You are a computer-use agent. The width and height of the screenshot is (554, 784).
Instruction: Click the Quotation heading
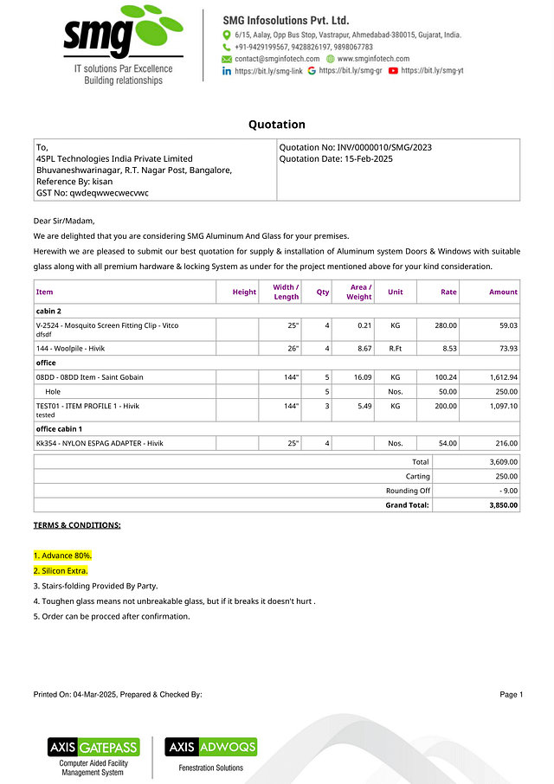coord(277,125)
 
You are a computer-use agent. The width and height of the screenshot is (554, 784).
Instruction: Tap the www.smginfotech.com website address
coord(373,58)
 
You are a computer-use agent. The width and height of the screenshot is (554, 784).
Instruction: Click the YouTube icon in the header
coord(393,70)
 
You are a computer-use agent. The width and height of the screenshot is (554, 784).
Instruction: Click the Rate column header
coord(448,292)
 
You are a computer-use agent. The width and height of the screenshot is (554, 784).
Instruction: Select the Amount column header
coord(503,292)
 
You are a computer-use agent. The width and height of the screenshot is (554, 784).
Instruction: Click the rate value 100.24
coord(447,377)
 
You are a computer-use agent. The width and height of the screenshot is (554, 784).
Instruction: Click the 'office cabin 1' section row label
coord(59,429)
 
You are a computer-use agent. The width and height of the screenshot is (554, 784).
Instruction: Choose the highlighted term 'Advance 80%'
coord(62,556)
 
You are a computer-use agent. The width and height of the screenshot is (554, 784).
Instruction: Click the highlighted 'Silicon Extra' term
coord(61,571)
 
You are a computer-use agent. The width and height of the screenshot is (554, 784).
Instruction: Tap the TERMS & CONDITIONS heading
coord(77,525)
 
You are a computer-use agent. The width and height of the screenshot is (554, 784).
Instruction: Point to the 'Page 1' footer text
coord(511,695)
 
